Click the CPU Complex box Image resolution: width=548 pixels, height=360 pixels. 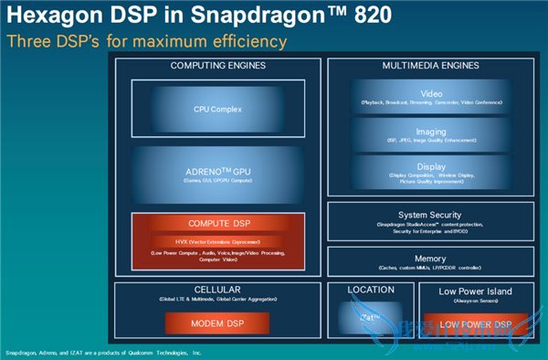[x=217, y=109]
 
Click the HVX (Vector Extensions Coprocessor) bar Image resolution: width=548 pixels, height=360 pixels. [x=217, y=241]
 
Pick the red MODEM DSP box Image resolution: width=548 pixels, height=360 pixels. [x=217, y=324]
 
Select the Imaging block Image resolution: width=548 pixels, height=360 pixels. [x=431, y=135]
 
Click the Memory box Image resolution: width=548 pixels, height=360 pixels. [x=431, y=262]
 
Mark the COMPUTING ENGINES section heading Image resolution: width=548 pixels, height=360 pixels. [x=217, y=66]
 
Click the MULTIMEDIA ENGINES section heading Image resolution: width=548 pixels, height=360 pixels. [x=431, y=66]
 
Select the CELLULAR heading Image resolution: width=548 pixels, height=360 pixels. [x=217, y=289]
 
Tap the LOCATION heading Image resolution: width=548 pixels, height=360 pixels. [x=371, y=289]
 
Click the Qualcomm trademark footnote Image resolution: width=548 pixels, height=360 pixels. [x=102, y=352]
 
